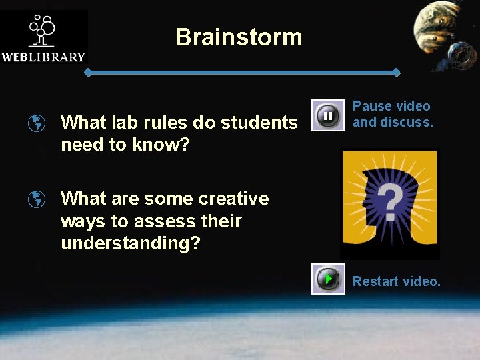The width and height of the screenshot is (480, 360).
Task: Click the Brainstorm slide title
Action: pos(239,37)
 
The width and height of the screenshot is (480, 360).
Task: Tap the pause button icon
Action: pos(328,116)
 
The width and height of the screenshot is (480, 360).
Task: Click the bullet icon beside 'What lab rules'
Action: pos(38,123)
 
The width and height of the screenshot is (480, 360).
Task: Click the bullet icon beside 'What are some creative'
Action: pos(38,199)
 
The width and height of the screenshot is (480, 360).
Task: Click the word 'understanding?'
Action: pos(131,243)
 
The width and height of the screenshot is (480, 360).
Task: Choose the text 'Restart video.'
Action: pos(397,281)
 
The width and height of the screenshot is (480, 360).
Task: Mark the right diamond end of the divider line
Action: pos(397,72)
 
